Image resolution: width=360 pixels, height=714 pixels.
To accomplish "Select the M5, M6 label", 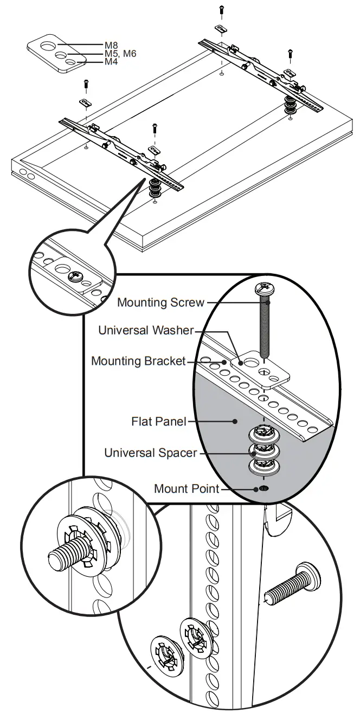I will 120,54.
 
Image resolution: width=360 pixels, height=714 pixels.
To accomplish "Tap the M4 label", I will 111,62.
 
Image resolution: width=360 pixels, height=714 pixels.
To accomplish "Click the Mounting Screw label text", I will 161,302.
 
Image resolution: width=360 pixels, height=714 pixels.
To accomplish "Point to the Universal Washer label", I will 145,330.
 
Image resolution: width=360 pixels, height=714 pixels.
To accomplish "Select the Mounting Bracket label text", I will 138,361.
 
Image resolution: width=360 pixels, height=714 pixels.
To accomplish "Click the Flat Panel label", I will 160,421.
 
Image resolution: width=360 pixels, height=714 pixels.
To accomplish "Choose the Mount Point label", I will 187,488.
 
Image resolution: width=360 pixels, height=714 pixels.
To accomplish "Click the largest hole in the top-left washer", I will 47,43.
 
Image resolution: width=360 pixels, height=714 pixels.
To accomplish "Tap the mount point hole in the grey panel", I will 263,489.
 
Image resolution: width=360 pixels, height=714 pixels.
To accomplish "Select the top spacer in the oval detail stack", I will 263,433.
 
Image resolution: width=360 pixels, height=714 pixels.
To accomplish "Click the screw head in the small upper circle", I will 74,276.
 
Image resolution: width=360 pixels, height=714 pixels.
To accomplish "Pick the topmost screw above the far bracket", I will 221,9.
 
